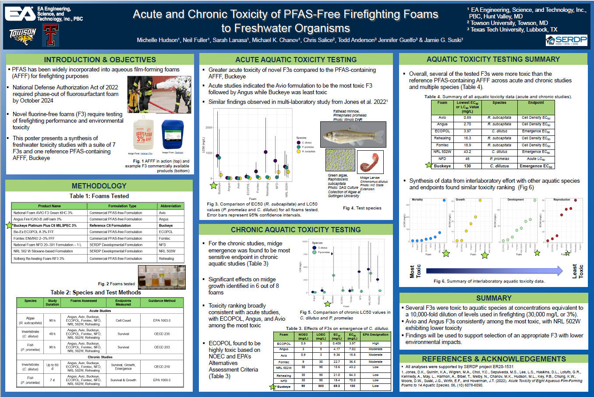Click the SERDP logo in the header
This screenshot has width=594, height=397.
coord(566,40)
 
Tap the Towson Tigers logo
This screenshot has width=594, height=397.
coord(23,36)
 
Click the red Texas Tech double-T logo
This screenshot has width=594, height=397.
coord(50,35)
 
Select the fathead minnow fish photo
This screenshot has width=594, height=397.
coord(353,134)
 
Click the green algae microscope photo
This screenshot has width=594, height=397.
coord(340,160)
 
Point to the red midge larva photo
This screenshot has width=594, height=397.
coord(370,162)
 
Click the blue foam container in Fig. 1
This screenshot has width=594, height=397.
coord(173,135)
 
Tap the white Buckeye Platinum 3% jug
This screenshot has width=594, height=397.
coord(144,135)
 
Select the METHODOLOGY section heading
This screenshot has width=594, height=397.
coord(99,186)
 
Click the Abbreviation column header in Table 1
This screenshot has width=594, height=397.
coord(170,206)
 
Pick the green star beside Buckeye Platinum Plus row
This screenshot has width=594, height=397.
coord(9,225)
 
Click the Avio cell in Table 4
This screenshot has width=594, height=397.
coord(442,117)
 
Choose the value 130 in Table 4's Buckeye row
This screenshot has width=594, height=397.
coord(467,166)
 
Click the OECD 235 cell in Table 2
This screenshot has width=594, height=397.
coord(162,334)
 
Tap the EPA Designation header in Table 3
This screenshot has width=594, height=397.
coord(375,335)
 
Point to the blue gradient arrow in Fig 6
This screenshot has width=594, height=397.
coord(494,271)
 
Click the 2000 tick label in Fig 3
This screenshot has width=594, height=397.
coord(209,128)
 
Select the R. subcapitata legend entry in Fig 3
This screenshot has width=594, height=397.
coord(308,151)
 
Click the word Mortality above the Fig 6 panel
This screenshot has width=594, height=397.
coord(417,200)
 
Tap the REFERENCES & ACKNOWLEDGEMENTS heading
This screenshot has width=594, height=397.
coord(494,359)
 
